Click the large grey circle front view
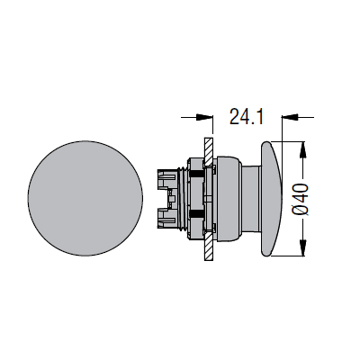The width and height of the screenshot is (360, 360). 85,198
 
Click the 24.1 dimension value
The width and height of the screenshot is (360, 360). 247,116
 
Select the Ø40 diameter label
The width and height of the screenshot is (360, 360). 301,200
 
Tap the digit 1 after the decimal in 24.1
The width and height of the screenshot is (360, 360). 259,116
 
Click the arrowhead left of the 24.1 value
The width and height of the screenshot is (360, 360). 204,117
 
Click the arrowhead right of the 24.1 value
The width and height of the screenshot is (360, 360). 289,117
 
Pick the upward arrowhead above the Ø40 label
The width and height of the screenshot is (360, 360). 303,148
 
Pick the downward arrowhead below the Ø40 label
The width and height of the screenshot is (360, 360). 303,248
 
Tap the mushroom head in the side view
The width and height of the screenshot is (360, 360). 272,199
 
